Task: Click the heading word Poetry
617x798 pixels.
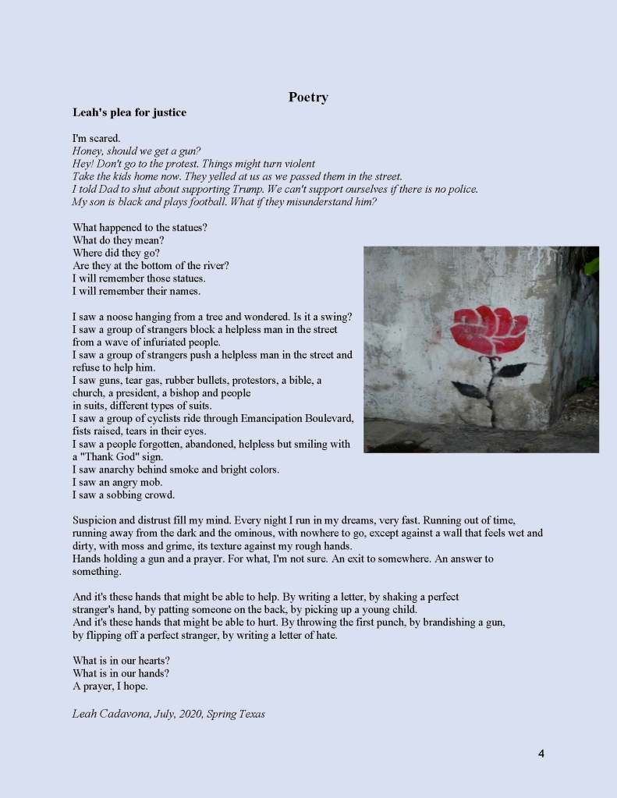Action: pos(308,98)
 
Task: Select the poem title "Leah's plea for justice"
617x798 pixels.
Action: pos(129,112)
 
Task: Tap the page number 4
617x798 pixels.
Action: pos(541,754)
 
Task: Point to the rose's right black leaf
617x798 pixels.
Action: pos(512,370)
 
